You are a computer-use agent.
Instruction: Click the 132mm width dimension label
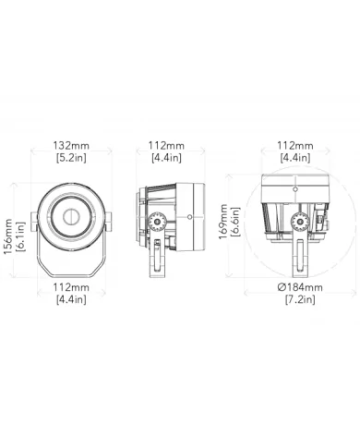[x=71, y=146]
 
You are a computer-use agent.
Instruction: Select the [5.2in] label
[x=71, y=158]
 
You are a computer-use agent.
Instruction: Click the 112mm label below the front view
[x=71, y=287]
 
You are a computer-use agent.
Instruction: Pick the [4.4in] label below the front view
[x=71, y=299]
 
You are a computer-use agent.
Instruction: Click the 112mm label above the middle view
[x=167, y=146]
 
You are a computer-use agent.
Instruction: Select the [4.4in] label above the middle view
[x=167, y=158]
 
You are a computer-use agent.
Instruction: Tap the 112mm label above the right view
[x=294, y=146]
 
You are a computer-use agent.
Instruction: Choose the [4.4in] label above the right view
[x=294, y=158]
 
